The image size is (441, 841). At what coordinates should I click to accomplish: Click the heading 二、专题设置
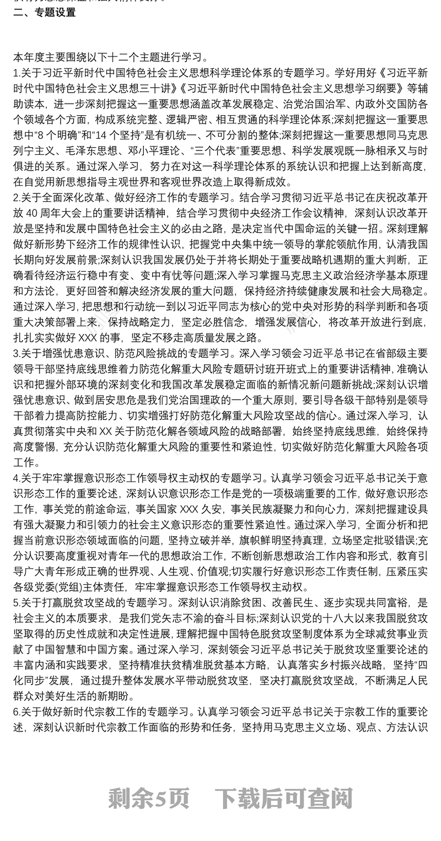[45, 13]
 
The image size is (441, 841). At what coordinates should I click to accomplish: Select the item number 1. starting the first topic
[16, 72]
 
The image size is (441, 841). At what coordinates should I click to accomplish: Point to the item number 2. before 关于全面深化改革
[16, 196]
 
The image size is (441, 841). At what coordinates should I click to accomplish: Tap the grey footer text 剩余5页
[149, 797]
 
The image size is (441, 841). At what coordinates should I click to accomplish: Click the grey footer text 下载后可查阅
[283, 797]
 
